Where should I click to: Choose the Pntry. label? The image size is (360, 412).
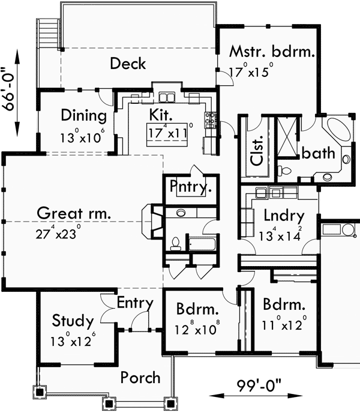(190, 187)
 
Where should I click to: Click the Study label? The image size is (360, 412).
(72, 320)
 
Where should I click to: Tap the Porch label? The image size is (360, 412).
(140, 377)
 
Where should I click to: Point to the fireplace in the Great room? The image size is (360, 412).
(151, 221)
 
